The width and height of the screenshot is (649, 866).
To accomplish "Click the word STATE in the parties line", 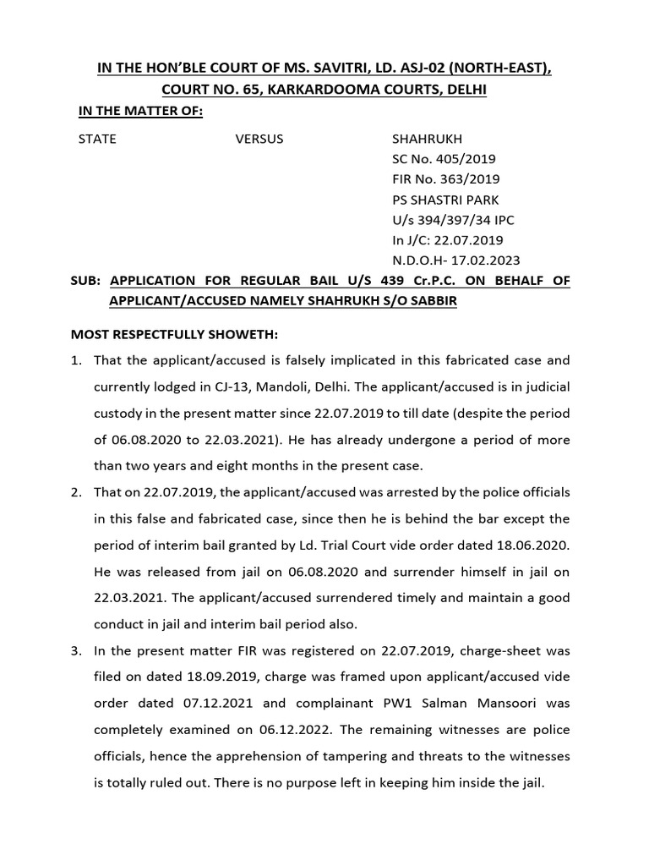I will coord(97,139).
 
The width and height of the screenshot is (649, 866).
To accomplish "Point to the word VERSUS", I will coord(259,139).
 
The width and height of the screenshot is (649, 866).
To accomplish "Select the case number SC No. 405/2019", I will coord(444,159).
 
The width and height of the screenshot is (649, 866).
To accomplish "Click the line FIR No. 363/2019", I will coord(445,179).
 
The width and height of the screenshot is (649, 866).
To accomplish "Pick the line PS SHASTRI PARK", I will coord(445,200).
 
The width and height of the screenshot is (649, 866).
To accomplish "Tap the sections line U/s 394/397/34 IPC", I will coord(453,220).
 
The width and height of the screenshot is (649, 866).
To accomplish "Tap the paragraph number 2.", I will coord(76,492).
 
